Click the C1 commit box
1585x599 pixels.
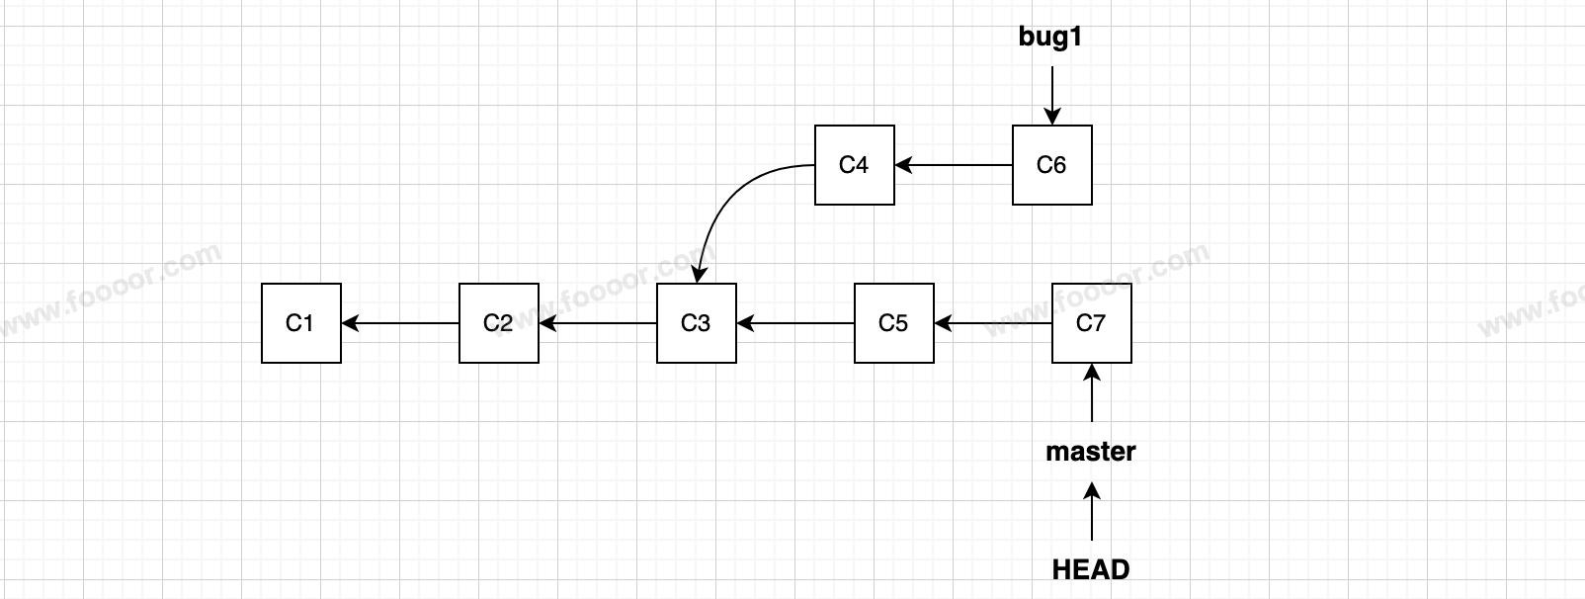301,323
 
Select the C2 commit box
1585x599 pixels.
499,323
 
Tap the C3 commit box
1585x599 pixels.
697,323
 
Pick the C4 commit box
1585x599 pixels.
855,165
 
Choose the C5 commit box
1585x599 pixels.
894,323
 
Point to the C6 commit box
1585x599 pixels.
1052,165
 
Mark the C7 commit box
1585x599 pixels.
1092,323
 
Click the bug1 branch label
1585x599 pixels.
1050,38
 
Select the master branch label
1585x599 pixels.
1091,452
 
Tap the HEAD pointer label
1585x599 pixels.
1091,569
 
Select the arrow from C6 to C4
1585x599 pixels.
954,165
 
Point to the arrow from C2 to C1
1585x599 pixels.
400,323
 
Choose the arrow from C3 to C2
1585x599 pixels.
598,323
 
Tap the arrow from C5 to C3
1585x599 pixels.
795,323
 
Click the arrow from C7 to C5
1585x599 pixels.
993,323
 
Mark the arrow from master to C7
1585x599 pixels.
1092,393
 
